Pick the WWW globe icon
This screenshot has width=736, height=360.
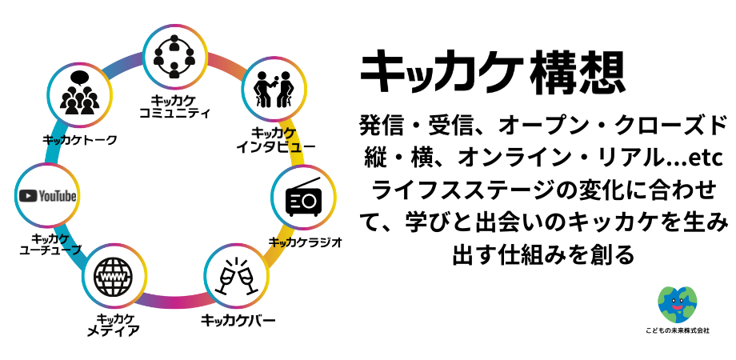point(114,277)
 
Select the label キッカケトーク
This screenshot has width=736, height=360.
point(79,139)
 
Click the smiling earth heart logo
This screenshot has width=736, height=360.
point(677,304)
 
